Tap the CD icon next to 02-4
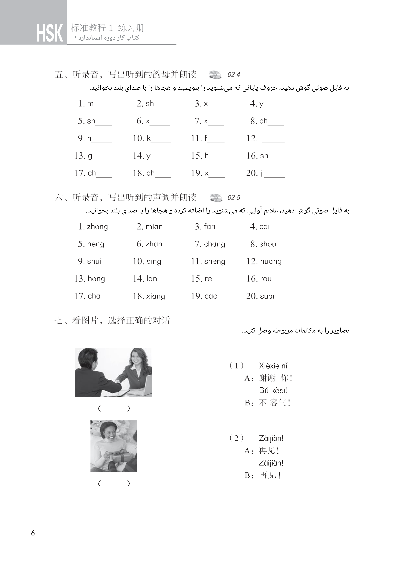point(215,74)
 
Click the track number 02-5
point(234,198)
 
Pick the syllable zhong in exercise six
point(97,227)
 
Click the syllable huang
point(271,261)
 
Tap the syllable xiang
point(155,296)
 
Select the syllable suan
point(268,296)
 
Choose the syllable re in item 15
point(208,279)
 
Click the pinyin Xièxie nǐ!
point(274,366)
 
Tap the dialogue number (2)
point(236,438)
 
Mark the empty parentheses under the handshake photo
point(114,408)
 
